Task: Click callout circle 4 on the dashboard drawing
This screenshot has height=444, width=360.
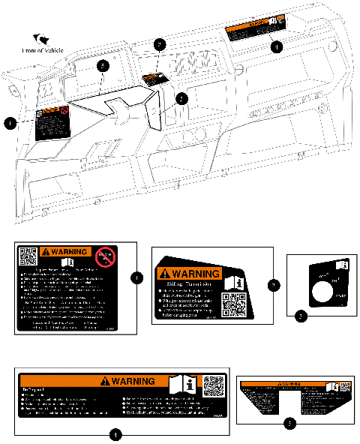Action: pos(276,46)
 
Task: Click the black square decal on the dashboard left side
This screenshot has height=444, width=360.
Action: pos(52,120)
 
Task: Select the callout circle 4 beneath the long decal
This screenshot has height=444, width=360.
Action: pos(114,434)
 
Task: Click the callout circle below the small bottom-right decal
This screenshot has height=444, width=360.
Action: pos(291,423)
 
